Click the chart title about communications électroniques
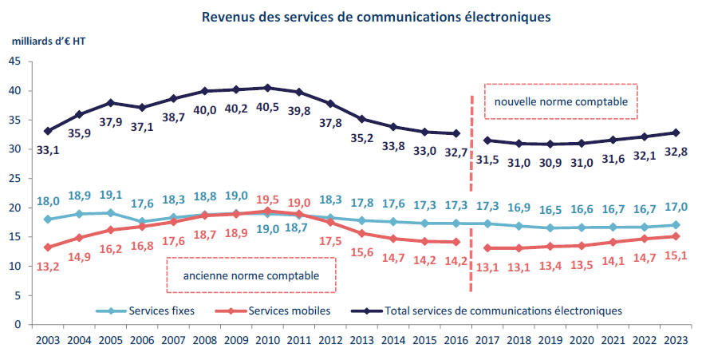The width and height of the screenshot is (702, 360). (x=377, y=17)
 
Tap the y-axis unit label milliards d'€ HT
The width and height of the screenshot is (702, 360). (x=49, y=42)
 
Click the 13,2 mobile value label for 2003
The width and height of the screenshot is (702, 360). (x=48, y=267)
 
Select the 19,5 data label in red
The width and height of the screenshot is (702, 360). (x=267, y=200)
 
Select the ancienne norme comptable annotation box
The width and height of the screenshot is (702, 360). (x=250, y=275)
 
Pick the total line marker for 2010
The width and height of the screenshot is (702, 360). (x=267, y=88)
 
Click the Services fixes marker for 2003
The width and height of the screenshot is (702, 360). (x=48, y=220)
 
